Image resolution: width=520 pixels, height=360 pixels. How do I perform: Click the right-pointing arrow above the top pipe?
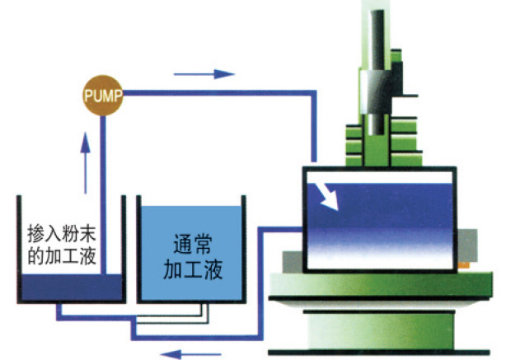[217, 73]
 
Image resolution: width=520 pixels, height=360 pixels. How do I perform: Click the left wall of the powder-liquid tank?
[20, 247]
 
